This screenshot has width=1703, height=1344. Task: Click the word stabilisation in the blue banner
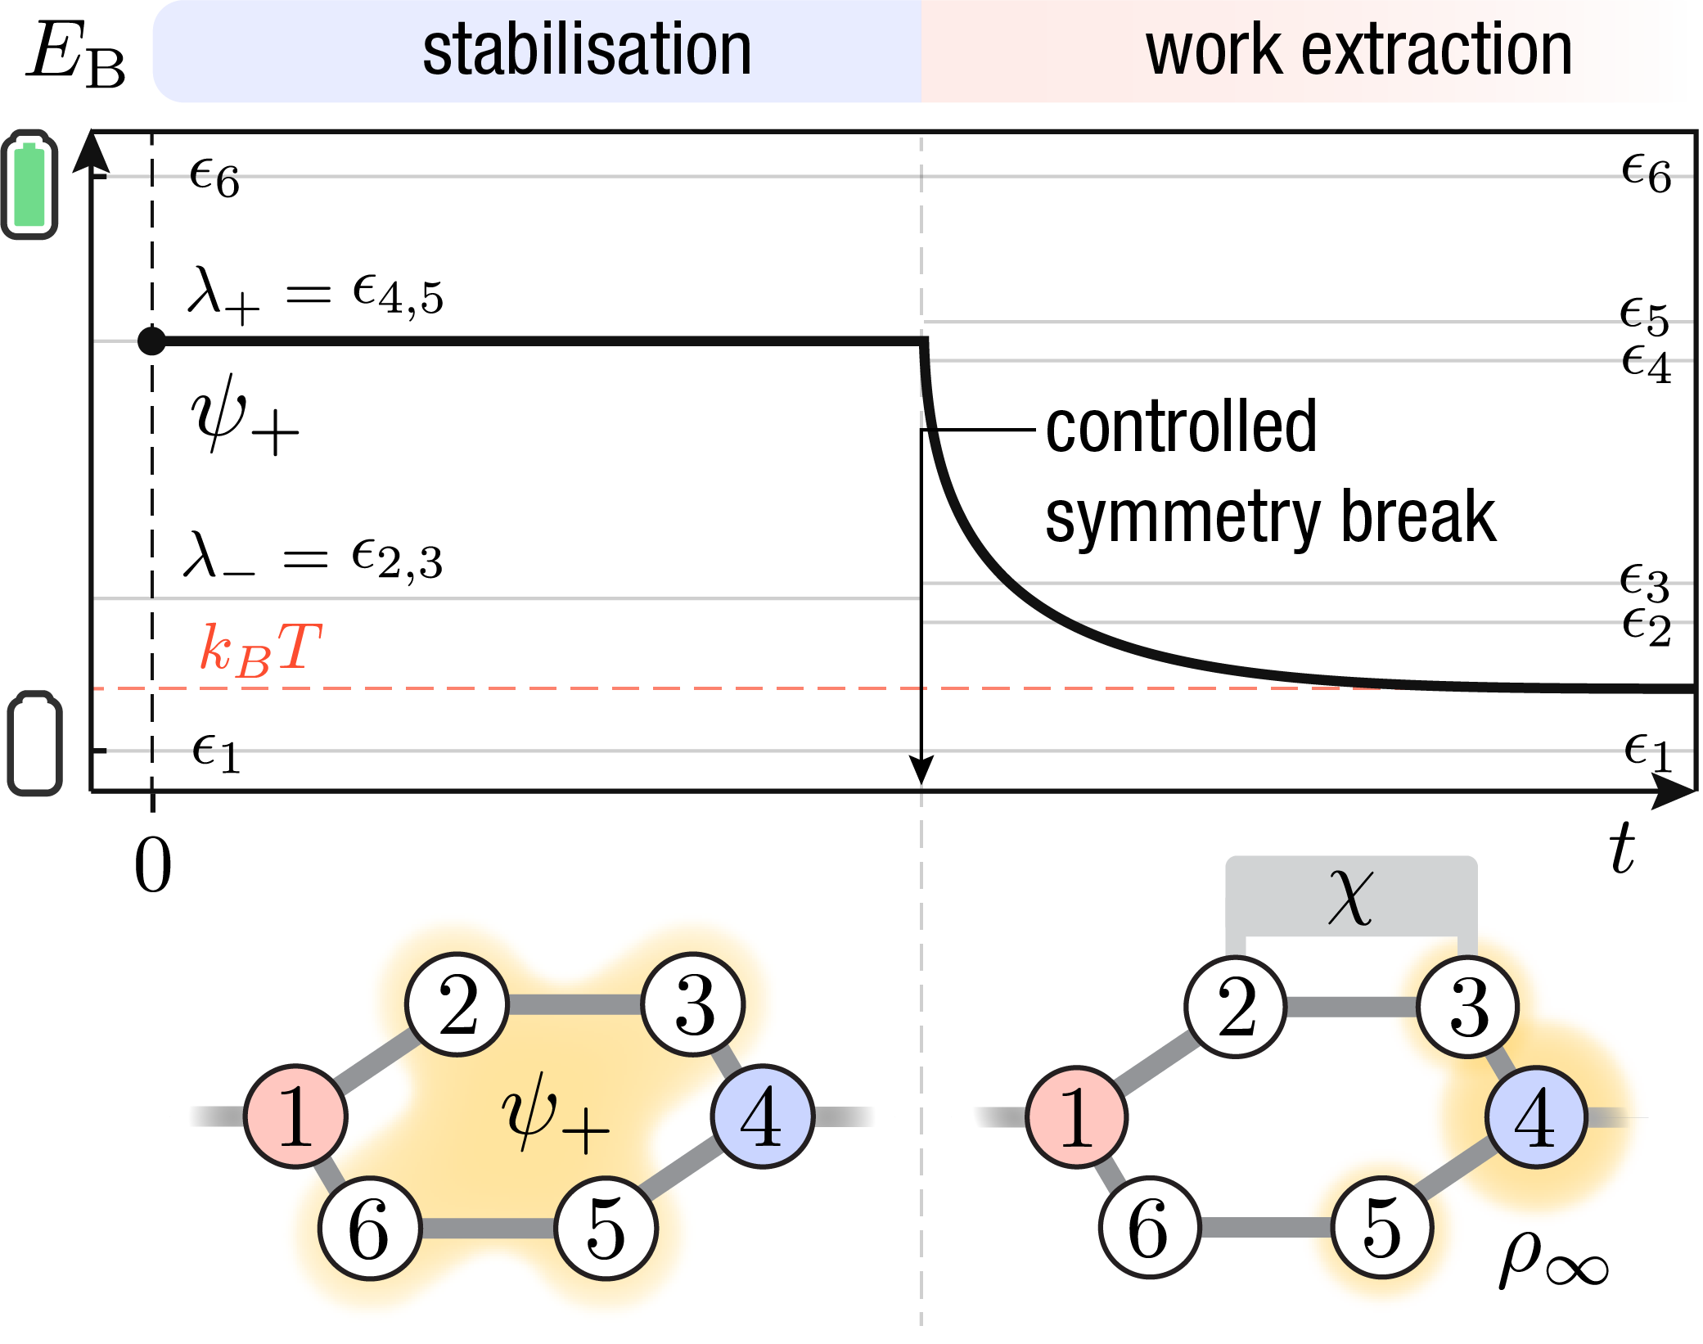(587, 51)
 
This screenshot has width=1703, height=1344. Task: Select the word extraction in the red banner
(1436, 51)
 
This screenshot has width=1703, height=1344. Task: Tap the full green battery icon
(30, 184)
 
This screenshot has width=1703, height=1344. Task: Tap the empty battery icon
(35, 744)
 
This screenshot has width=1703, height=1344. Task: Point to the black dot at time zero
(151, 341)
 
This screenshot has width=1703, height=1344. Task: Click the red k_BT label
(260, 649)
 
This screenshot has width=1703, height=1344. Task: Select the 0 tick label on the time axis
(153, 865)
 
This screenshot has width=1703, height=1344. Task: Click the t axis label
(1621, 849)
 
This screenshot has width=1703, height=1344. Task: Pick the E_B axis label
(77, 54)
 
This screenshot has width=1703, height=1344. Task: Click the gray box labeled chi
(1350, 896)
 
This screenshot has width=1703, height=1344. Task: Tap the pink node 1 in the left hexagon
(295, 1116)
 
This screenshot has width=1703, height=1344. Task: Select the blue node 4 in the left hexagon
(763, 1116)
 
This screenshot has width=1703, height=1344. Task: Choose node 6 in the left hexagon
(369, 1229)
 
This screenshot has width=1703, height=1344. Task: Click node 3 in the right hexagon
(1468, 1007)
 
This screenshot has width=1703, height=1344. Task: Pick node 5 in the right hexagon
(1382, 1227)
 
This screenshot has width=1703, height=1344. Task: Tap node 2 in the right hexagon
(1236, 1007)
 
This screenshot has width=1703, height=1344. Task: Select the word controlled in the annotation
(1181, 427)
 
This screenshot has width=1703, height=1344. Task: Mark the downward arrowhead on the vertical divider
(921, 770)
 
